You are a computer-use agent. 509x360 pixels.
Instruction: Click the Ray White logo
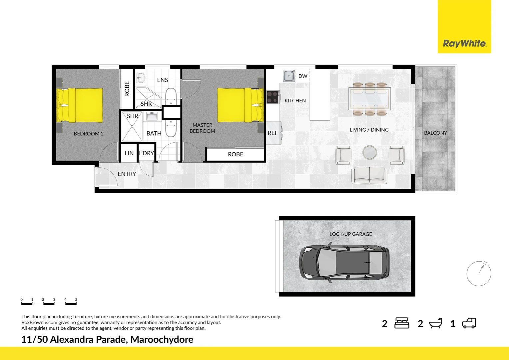tap(464, 43)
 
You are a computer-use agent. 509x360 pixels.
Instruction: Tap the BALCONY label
tap(435, 133)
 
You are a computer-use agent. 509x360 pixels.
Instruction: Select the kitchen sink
tap(288, 76)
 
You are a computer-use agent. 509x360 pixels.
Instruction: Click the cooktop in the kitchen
tap(272, 97)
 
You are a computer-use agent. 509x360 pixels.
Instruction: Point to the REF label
tap(272, 133)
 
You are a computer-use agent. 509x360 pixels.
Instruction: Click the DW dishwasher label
tap(302, 76)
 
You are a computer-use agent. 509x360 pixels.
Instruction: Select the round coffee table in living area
tap(370, 152)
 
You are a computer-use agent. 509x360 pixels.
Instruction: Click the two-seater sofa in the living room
tap(369, 175)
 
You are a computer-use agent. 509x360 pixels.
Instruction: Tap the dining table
tap(369, 99)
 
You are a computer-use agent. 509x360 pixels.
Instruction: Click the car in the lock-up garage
tap(344, 263)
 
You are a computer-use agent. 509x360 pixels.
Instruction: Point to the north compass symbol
tap(479, 274)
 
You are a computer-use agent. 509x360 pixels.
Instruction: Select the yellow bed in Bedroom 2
tap(80, 105)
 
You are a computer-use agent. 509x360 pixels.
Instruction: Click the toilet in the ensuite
tap(171, 95)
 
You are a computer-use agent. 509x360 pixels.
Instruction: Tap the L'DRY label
tap(147, 153)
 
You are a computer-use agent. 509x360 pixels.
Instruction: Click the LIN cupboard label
tap(129, 153)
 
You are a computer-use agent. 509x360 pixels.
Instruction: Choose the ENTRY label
tap(127, 174)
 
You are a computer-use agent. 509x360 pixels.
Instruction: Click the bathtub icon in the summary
tap(435, 323)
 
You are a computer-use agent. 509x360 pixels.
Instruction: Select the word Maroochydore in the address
tap(162, 339)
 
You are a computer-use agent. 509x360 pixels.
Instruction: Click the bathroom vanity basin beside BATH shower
tap(153, 117)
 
